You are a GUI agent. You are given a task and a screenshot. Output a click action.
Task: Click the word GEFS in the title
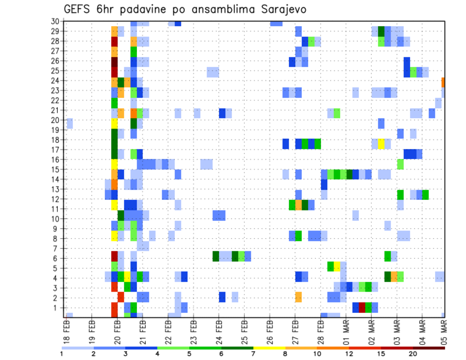click(79, 10)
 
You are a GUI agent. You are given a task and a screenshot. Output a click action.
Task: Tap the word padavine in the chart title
click(150, 10)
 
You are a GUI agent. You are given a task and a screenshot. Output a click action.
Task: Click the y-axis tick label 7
click(57, 248)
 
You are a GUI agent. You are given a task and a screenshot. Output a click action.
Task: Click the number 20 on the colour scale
click(413, 354)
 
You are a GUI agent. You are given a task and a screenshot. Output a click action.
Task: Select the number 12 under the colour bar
click(349, 354)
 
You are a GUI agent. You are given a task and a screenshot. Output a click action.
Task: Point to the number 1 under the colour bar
click(63, 354)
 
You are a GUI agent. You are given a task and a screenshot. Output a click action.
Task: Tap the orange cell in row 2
click(298, 297)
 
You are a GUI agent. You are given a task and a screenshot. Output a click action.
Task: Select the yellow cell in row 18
click(381, 144)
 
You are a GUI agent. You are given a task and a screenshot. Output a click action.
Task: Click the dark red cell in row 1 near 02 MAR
click(362, 307)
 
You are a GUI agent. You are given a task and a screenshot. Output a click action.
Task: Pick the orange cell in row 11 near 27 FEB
click(298, 205)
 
